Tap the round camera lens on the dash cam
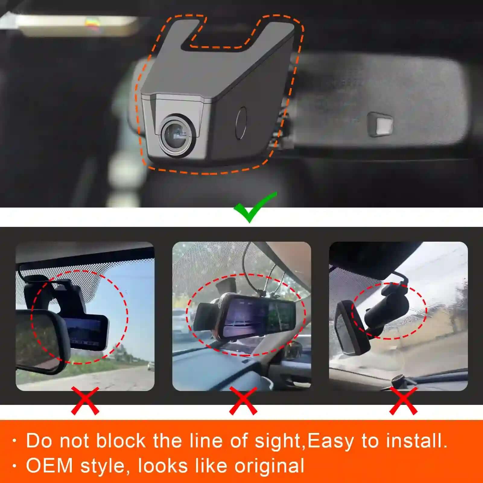(x=176, y=135)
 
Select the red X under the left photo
(x=85, y=401)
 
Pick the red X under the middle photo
(x=243, y=401)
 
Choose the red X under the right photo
(x=403, y=401)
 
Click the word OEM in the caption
(x=49, y=465)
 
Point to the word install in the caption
(x=416, y=441)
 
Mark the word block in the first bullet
(x=121, y=441)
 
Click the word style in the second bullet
(x=102, y=466)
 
